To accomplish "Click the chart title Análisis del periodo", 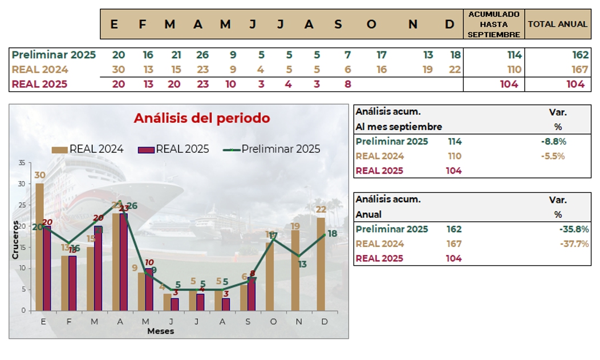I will point(201,119).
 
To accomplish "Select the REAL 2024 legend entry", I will point(88,149).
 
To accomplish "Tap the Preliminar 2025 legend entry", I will point(272,149).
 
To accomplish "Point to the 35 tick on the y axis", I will point(22,163).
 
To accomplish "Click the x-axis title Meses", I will point(160,331).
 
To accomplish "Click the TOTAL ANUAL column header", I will point(557,25).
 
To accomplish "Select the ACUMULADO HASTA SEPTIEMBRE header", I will point(493,25).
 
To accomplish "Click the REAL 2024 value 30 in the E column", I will point(119,70).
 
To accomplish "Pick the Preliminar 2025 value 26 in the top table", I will point(202,55).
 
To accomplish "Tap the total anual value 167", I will point(579,70).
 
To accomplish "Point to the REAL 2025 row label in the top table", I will point(39,84).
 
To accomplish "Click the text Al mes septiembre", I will point(399,127).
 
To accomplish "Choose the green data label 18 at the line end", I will point(332,233).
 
